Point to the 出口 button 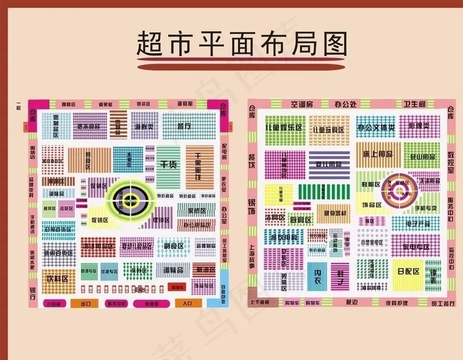coord(85,304)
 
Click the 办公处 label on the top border coord(345,105)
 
